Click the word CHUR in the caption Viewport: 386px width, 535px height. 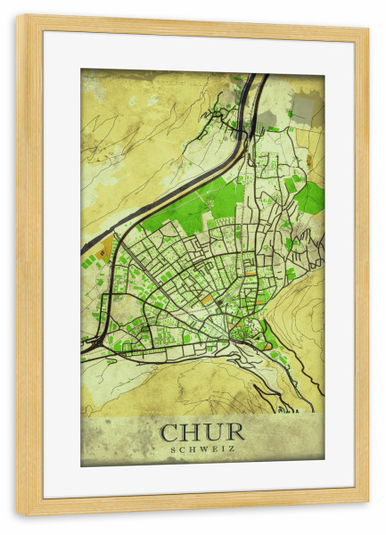202,432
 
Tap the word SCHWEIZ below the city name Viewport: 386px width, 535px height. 202,449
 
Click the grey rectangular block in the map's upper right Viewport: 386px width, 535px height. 305,109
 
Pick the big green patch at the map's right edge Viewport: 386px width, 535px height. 309,198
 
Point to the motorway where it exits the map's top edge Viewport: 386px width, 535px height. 255,78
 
